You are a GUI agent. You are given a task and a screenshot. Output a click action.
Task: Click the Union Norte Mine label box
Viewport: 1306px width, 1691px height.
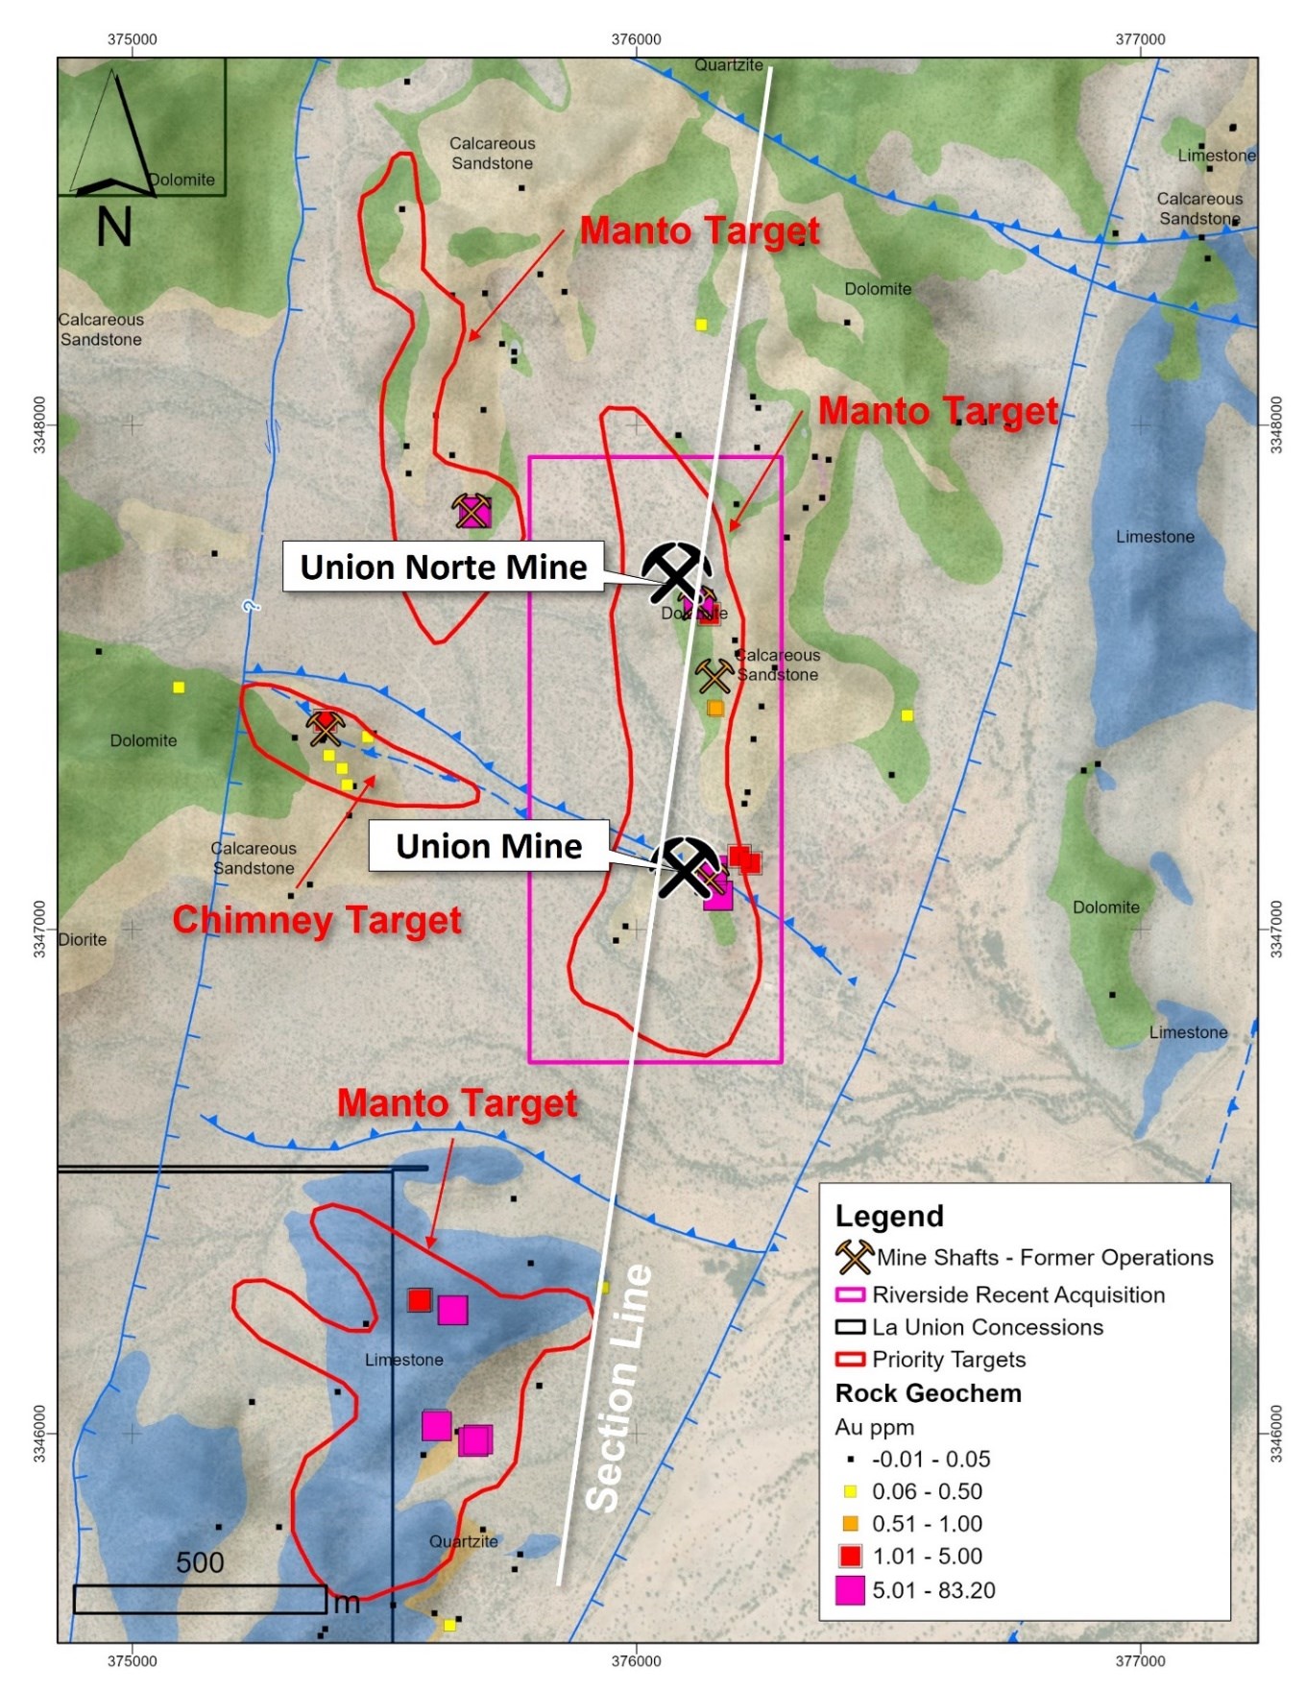[x=443, y=567]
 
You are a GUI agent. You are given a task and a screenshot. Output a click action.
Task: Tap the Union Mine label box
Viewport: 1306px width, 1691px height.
[x=489, y=846]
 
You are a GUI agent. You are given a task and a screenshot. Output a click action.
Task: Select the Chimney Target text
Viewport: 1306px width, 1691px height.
[x=317, y=920]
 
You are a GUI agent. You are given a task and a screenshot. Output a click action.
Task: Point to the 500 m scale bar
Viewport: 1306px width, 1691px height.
[x=200, y=1599]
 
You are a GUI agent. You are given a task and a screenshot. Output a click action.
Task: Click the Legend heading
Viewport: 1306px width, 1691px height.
[x=889, y=1216]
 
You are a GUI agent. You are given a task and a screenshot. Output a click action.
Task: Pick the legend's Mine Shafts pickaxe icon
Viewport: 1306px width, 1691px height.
[x=853, y=1256]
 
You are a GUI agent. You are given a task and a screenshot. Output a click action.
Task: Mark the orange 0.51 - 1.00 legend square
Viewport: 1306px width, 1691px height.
[x=850, y=1524]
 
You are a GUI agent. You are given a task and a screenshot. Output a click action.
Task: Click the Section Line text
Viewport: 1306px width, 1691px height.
[x=618, y=1388]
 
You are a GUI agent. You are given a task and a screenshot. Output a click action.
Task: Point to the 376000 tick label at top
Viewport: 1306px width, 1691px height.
[x=636, y=39]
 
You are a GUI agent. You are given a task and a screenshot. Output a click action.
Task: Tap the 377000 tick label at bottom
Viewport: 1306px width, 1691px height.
[x=1140, y=1661]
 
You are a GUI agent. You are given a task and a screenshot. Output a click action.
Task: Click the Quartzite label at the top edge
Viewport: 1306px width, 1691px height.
[x=729, y=65]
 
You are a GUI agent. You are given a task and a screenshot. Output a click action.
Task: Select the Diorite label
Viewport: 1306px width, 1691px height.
[x=83, y=939]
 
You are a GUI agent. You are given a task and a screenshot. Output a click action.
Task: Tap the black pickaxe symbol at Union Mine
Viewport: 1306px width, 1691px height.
[x=685, y=866]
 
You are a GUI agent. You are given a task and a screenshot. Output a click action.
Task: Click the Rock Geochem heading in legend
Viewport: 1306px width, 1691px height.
[x=928, y=1393]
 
